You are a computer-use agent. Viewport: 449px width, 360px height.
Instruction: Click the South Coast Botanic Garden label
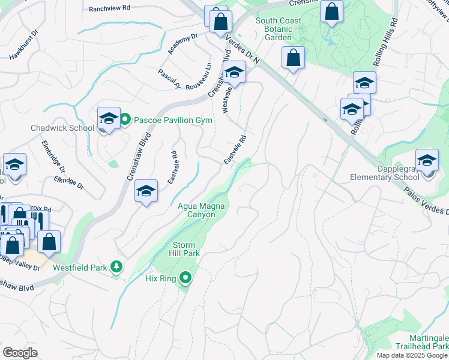pos(278,29)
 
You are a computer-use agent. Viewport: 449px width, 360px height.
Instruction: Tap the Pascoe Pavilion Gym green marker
pos(125,120)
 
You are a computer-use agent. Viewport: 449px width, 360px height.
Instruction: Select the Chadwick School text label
pos(62,128)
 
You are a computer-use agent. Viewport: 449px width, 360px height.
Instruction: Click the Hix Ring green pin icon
pos(185,277)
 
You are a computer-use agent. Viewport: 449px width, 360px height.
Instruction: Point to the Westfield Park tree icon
pos(118,266)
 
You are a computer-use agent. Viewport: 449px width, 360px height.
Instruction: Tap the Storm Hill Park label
pos(185,249)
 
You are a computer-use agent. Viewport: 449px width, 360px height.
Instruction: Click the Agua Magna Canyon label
pos(202,210)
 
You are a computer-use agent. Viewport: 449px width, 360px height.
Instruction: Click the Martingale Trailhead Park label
pos(421,343)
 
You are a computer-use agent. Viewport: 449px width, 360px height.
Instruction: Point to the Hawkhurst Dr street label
pos(23,45)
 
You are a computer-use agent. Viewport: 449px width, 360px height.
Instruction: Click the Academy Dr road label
pos(182,44)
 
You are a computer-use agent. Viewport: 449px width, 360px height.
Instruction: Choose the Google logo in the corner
pos(20,352)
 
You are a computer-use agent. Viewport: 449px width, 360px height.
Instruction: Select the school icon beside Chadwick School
pos(109,118)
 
